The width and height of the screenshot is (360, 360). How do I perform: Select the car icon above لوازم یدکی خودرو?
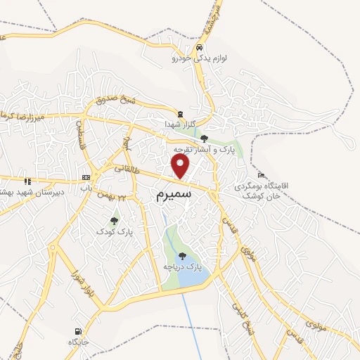click(199, 49)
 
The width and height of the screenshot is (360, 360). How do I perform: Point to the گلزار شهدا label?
click(189, 124)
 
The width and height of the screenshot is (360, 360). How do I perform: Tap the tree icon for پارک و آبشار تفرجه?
click(204, 139)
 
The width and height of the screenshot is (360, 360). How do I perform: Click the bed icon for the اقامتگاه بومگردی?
click(262, 175)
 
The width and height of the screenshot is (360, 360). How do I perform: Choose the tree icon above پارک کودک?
click(114, 221)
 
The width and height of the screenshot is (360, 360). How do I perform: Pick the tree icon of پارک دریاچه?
click(183, 256)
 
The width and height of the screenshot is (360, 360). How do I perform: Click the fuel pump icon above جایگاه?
click(76, 331)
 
